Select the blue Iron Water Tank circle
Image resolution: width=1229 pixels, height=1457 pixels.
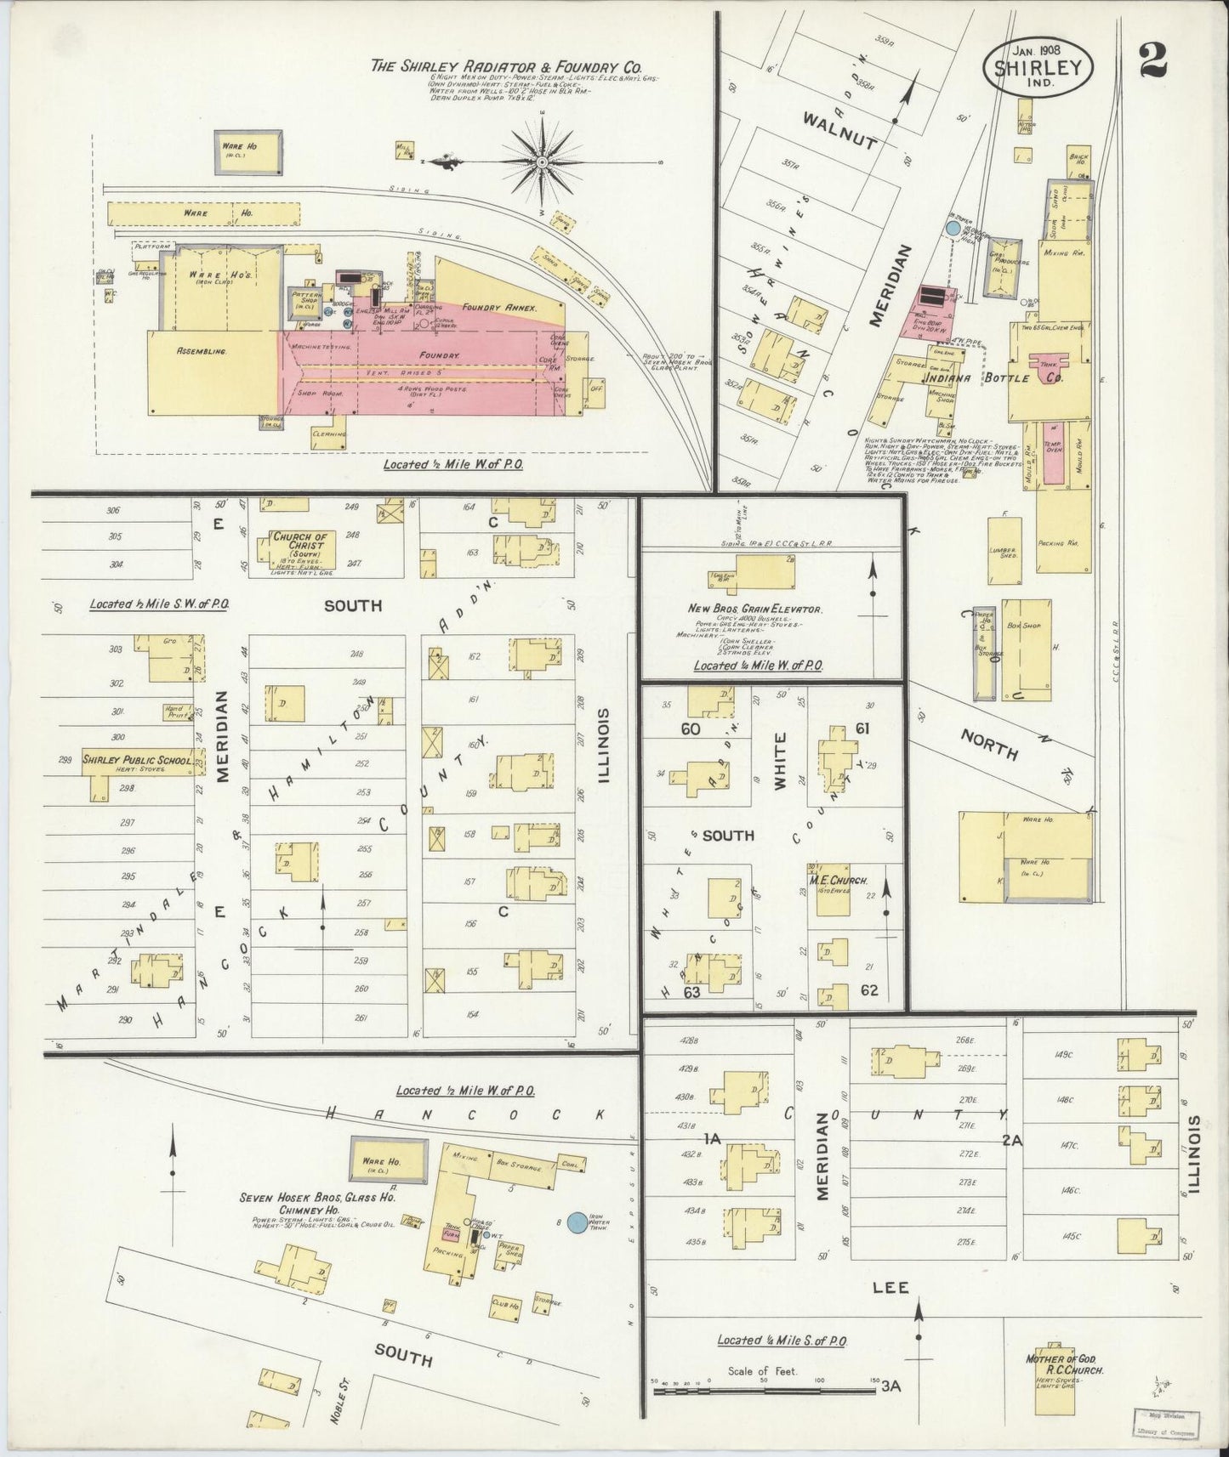coord(577,1222)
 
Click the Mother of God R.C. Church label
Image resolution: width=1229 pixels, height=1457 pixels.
coord(1063,1365)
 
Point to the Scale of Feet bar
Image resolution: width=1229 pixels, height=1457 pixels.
coord(763,1392)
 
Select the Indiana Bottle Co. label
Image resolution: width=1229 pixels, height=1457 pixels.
coord(997,377)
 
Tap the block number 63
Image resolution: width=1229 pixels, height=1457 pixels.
coord(691,992)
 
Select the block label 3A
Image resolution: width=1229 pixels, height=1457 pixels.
coord(890,1386)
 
